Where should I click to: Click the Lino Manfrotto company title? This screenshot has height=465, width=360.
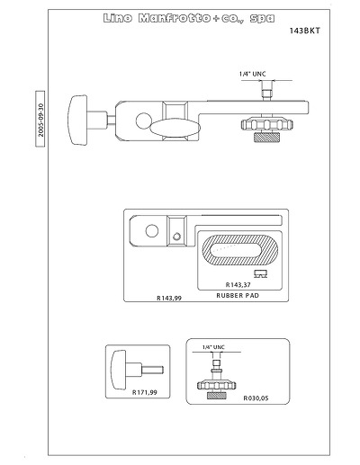coord(189,18)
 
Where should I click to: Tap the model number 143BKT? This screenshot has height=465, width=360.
coord(305,31)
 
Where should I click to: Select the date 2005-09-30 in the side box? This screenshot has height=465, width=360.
coord(40,120)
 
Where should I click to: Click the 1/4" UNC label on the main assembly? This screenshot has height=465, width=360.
coord(252,74)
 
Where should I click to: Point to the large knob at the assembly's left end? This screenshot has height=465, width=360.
coord(77,120)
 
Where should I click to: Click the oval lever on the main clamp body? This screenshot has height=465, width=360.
coord(175,128)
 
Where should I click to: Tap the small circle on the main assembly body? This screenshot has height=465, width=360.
coord(143,121)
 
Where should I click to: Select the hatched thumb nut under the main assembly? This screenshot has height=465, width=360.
coord(266,137)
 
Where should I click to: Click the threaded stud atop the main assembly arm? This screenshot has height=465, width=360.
coord(266,94)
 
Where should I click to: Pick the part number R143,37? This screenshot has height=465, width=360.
coord(238,284)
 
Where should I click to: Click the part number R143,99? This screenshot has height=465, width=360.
coord(169,298)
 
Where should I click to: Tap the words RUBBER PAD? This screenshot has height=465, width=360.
coord(238,295)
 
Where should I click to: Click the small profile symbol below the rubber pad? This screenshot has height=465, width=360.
coord(260,273)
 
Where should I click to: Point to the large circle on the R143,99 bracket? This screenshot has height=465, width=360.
coord(152,231)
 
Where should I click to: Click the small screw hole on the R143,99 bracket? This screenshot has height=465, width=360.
coord(176,237)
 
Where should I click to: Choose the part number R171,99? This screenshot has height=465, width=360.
coord(145,392)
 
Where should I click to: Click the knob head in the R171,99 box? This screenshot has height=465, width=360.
coord(119,370)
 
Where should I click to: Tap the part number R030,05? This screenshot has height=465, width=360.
coord(256,398)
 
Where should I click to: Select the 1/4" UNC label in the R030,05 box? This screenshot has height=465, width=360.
coord(213,347)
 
